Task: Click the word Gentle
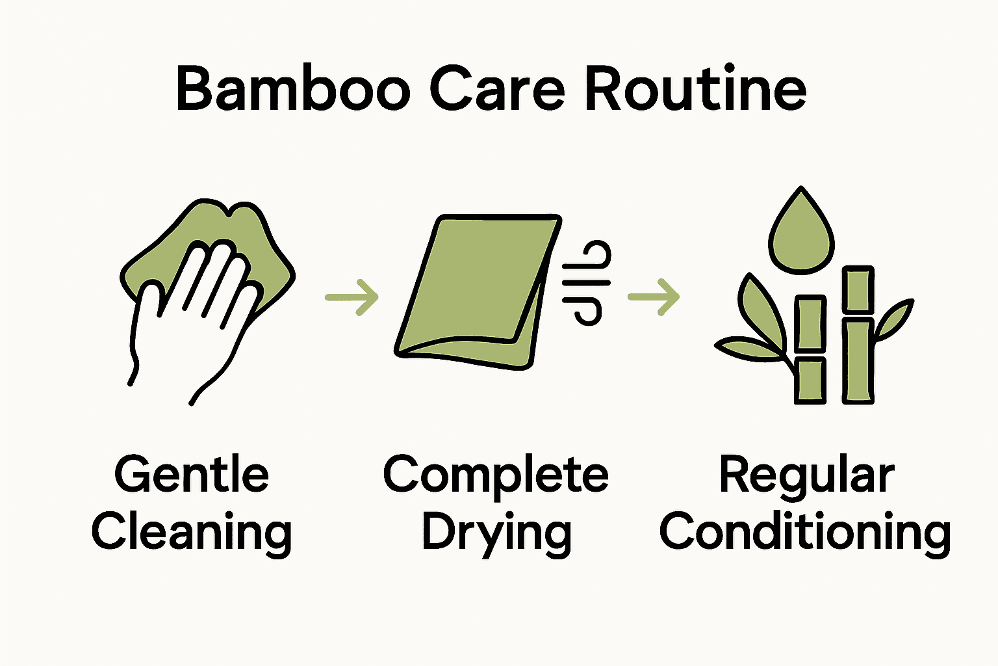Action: [191, 474]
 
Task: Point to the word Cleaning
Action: [191, 533]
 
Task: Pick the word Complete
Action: [496, 475]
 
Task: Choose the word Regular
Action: [806, 475]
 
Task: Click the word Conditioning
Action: [805, 533]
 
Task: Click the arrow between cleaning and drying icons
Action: [352, 297]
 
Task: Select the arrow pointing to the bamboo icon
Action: [654, 297]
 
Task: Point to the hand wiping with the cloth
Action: [195, 306]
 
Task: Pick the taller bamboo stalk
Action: [858, 335]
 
